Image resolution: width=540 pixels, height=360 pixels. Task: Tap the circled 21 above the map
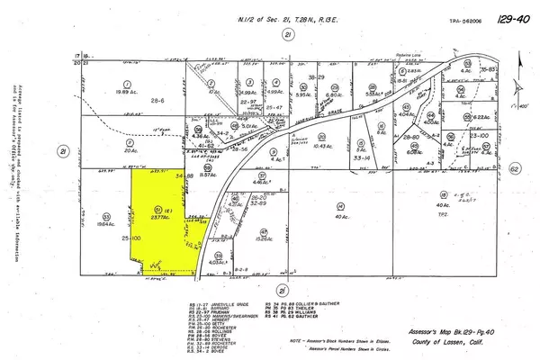point(288,34)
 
